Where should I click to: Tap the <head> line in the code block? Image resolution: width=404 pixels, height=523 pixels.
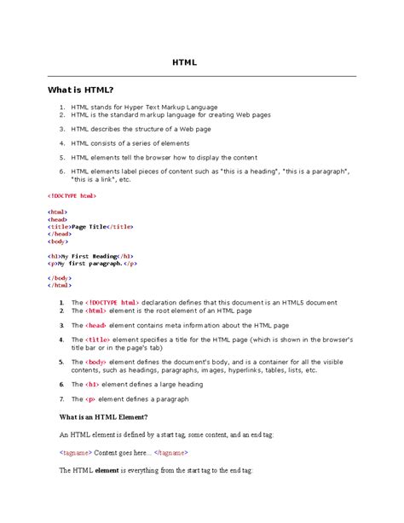click(x=59, y=218)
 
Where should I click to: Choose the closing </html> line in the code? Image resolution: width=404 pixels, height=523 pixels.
click(x=60, y=285)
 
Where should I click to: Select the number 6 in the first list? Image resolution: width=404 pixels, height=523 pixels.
click(x=62, y=171)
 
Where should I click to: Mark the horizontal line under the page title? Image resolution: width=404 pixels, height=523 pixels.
click(x=202, y=76)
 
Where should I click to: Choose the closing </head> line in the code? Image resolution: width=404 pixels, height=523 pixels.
click(x=60, y=233)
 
